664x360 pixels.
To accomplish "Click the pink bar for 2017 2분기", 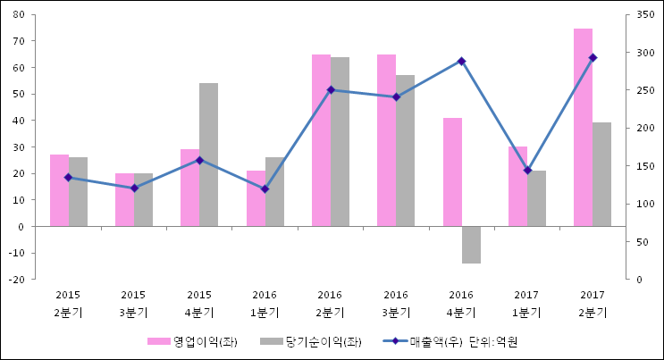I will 583,128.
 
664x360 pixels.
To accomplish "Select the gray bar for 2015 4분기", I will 208,155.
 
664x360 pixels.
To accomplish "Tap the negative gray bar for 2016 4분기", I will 471,245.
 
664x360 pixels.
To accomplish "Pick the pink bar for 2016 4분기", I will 452,172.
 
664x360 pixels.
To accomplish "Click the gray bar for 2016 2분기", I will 340,142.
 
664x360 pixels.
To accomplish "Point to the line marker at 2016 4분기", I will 461,61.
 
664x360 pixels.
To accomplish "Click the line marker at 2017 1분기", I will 527,170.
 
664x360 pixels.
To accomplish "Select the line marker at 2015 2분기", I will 68,177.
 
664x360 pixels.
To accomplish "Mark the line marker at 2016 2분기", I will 331,89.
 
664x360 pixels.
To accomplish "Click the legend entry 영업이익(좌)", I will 193,341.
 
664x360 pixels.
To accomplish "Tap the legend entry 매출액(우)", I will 419,341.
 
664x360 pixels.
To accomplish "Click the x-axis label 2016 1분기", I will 265,304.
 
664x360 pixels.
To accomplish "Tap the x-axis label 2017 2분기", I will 592,304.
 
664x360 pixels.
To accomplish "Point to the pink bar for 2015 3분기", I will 124,200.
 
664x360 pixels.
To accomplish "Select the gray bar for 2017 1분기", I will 536,198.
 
